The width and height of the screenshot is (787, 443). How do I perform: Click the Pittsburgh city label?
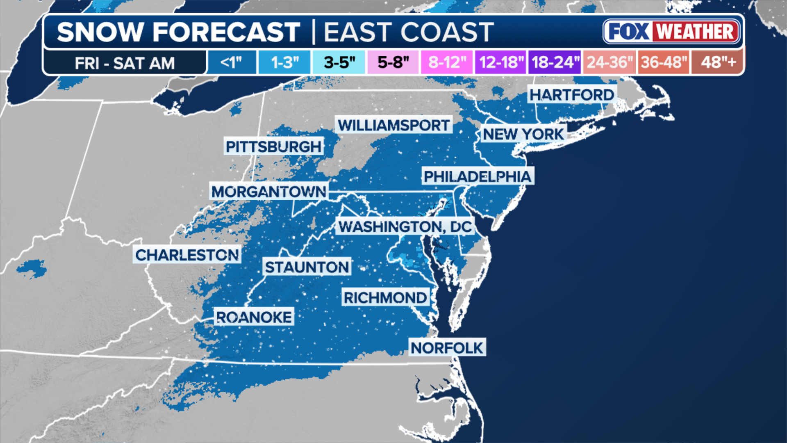pyautogui.click(x=273, y=146)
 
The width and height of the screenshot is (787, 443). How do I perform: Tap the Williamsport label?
pyautogui.click(x=393, y=125)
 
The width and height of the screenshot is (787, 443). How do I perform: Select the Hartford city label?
pyautogui.click(x=571, y=95)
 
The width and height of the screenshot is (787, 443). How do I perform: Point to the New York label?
pyautogui.click(x=523, y=134)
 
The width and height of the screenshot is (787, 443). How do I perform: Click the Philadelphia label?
pyautogui.click(x=478, y=176)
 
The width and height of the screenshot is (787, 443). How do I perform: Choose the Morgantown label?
pyautogui.click(x=268, y=192)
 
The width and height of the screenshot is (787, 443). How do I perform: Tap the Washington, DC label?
pyautogui.click(x=405, y=226)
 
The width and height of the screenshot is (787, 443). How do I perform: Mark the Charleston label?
pyautogui.click(x=187, y=255)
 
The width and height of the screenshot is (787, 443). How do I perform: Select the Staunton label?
pyautogui.click(x=307, y=267)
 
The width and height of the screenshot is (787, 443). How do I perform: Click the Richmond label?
pyautogui.click(x=385, y=298)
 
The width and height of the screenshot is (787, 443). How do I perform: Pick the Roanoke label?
pyautogui.click(x=254, y=317)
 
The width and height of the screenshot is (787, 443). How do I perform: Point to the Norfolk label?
pyautogui.click(x=447, y=348)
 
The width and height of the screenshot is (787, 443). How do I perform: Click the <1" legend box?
pyautogui.click(x=232, y=62)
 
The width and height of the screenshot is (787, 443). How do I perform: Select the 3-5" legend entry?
pyautogui.click(x=339, y=62)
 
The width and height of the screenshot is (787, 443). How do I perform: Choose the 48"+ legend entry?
pyautogui.click(x=718, y=62)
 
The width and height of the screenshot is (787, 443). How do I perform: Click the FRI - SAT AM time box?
pyautogui.click(x=125, y=63)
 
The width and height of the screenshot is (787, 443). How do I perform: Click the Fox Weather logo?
pyautogui.click(x=671, y=32)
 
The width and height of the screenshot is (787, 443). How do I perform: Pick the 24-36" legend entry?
pyautogui.click(x=610, y=62)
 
